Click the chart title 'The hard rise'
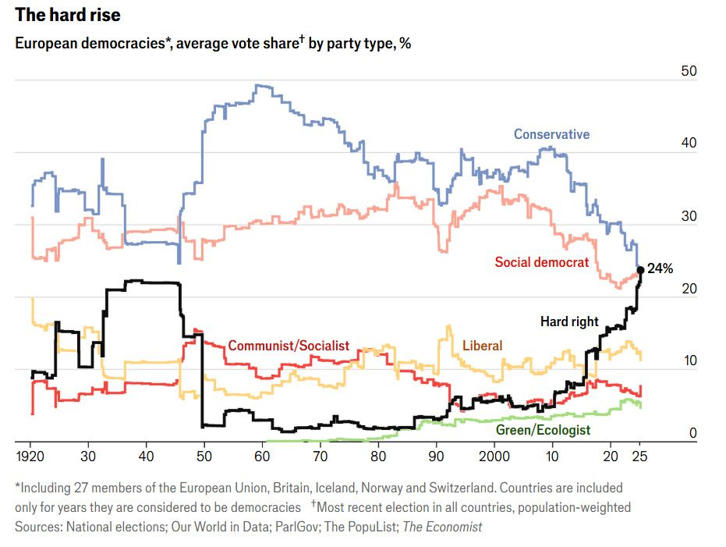coord(68,15)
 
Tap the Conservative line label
coord(551,134)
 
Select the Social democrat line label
coord(542,262)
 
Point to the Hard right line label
coord(569,321)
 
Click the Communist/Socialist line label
coord(289,346)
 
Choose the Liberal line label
coord(482,346)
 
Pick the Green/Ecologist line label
coord(543,430)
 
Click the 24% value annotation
coord(660,268)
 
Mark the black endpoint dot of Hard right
coord(640,269)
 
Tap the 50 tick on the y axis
coord(689,71)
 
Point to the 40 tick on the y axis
coord(689,144)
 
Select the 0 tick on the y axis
coord(692,434)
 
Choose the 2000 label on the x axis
coord(494,456)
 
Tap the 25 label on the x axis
coord(639,456)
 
